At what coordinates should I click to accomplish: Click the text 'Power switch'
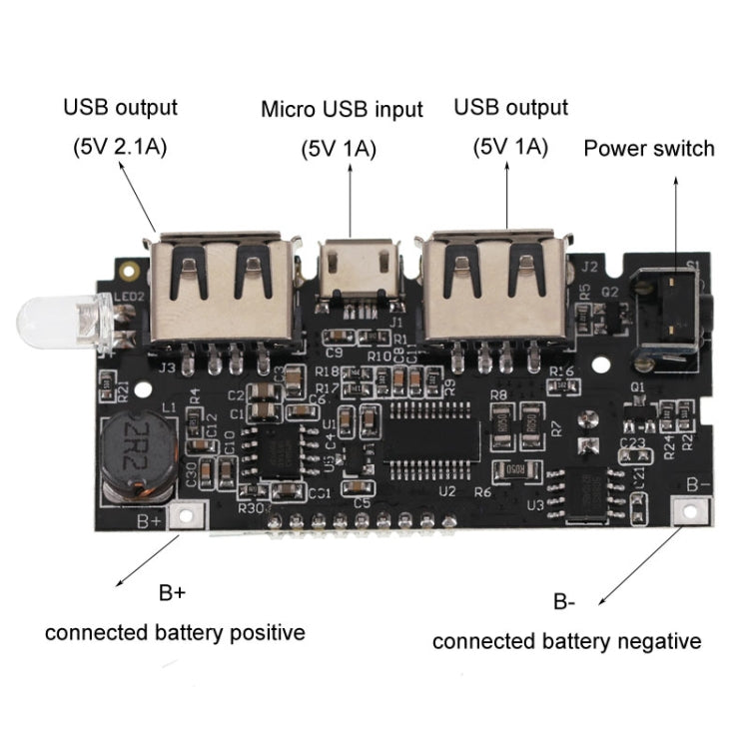[x=649, y=149]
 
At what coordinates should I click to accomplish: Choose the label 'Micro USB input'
[x=342, y=109]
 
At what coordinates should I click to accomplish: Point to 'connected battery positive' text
[x=175, y=632]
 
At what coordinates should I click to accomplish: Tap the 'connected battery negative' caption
[x=566, y=641]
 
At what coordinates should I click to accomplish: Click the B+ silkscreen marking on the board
[x=149, y=520]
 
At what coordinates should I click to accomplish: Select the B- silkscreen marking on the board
[x=699, y=484]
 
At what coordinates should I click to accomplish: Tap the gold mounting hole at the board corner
[x=127, y=269]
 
